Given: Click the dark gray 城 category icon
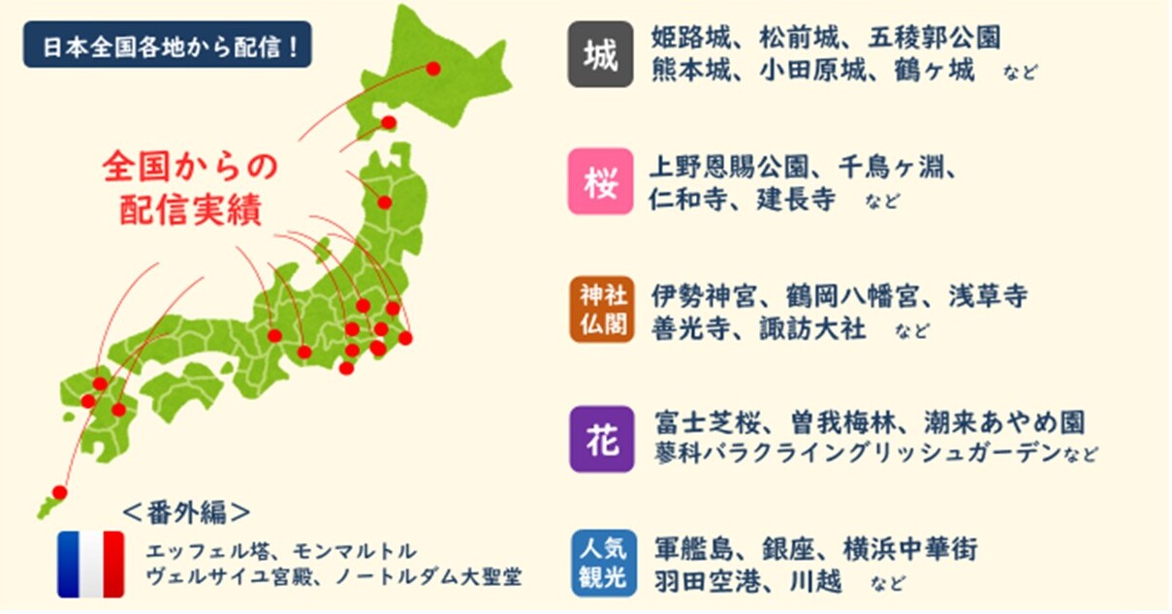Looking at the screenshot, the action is pyautogui.click(x=601, y=54).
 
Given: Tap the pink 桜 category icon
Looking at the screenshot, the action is pyautogui.click(x=601, y=182).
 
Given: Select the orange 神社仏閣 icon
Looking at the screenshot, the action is pyautogui.click(x=602, y=311).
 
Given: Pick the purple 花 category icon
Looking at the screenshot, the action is pyautogui.click(x=602, y=440).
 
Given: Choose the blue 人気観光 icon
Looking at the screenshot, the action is pyautogui.click(x=604, y=564).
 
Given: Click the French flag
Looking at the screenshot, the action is pyautogui.click(x=91, y=566).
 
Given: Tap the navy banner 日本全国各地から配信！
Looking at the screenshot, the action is pyautogui.click(x=168, y=45).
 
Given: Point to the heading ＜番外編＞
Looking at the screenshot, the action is pyautogui.click(x=186, y=513).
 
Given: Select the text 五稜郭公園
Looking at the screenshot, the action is pyautogui.click(x=935, y=38).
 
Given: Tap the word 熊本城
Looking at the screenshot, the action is pyautogui.click(x=690, y=70).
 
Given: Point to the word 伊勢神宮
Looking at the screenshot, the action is pyautogui.click(x=704, y=296).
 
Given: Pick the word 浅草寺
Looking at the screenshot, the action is pyautogui.click(x=989, y=296).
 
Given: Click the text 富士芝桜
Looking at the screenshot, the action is pyautogui.click(x=708, y=423).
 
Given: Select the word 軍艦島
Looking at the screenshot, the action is pyautogui.click(x=694, y=550).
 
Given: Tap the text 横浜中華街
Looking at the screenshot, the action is pyautogui.click(x=910, y=550).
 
